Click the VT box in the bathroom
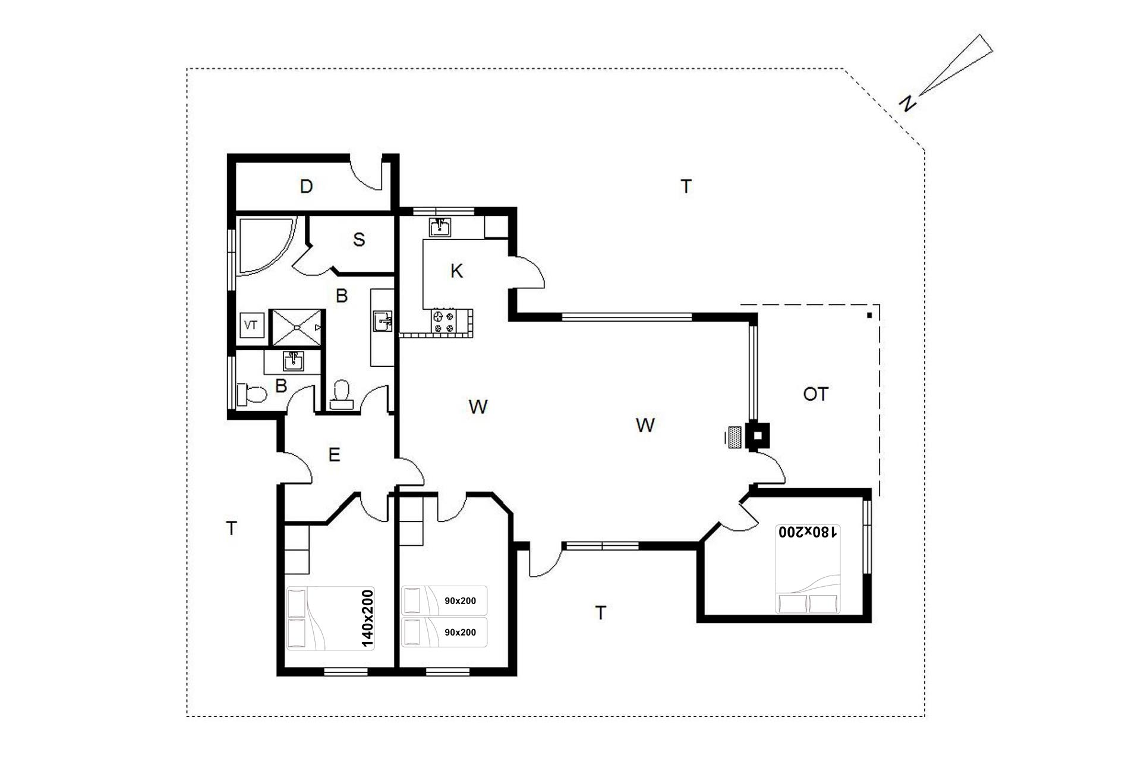251,325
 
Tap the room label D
306,187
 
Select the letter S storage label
359,240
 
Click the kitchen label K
456,271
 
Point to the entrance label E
334,455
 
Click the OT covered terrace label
815,394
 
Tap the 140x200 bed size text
367,618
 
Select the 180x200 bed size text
808,532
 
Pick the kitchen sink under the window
440,227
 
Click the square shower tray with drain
298,327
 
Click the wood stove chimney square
758,435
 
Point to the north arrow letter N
907,103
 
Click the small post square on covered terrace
869,315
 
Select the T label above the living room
686,187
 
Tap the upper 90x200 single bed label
460,601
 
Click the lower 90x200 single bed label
460,632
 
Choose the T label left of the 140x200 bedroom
232,528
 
